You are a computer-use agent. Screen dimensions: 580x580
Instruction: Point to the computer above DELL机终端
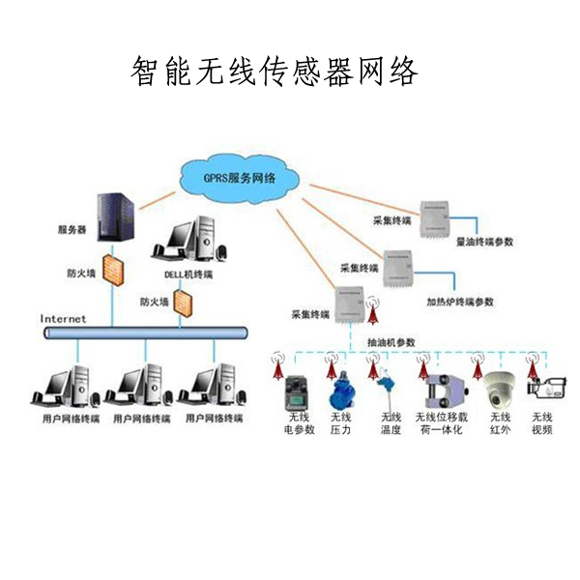192,242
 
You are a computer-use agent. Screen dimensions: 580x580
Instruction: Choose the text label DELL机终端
188,275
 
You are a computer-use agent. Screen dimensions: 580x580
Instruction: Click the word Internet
63,318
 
